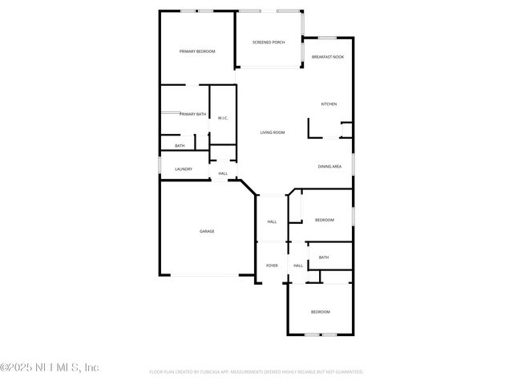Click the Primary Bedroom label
[x=197, y=51]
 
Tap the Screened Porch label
[x=269, y=42]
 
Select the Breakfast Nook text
[x=328, y=57]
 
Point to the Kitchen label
[x=329, y=104]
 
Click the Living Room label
[x=273, y=132]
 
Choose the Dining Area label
[x=329, y=166]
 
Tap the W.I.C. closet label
[x=223, y=118]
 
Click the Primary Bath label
[x=192, y=115]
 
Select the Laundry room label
[x=184, y=169]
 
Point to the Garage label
[x=207, y=231]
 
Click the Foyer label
[x=272, y=265]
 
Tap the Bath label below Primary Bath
[x=180, y=146]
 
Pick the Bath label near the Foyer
[x=323, y=257]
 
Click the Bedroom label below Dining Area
[x=324, y=220]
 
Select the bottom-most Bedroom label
[x=320, y=311]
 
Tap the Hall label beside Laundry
[x=223, y=173]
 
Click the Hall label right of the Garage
[x=272, y=222]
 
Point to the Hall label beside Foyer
[x=297, y=265]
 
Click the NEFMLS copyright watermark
[x=50, y=367]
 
